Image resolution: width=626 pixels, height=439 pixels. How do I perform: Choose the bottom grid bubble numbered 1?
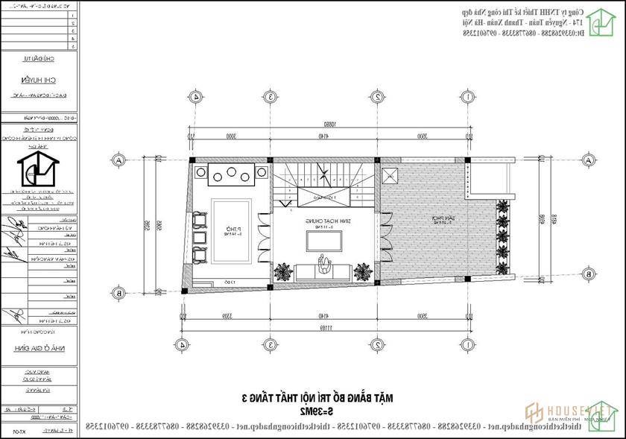[467, 344]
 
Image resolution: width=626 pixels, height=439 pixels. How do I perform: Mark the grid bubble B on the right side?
[588, 274]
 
